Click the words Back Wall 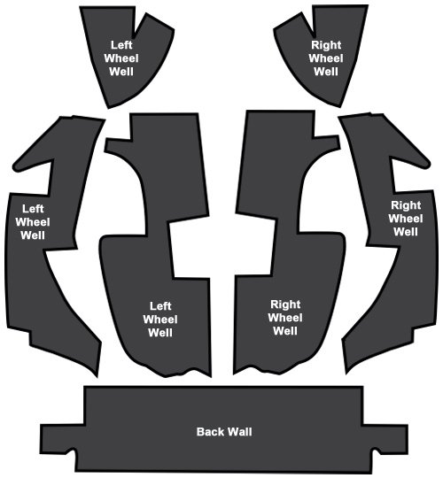click(x=224, y=432)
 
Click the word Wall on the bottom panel click(x=240, y=432)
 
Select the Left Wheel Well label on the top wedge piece click(x=121, y=58)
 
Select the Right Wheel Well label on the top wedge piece click(x=326, y=58)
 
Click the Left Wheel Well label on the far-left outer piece click(x=33, y=222)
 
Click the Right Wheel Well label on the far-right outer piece click(x=406, y=219)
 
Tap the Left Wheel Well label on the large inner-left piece click(x=160, y=320)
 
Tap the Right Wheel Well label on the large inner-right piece click(x=285, y=318)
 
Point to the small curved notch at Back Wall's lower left click(x=71, y=451)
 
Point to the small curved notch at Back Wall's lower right click(x=377, y=451)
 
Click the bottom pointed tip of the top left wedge click(x=109, y=106)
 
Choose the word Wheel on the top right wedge click(x=326, y=58)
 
